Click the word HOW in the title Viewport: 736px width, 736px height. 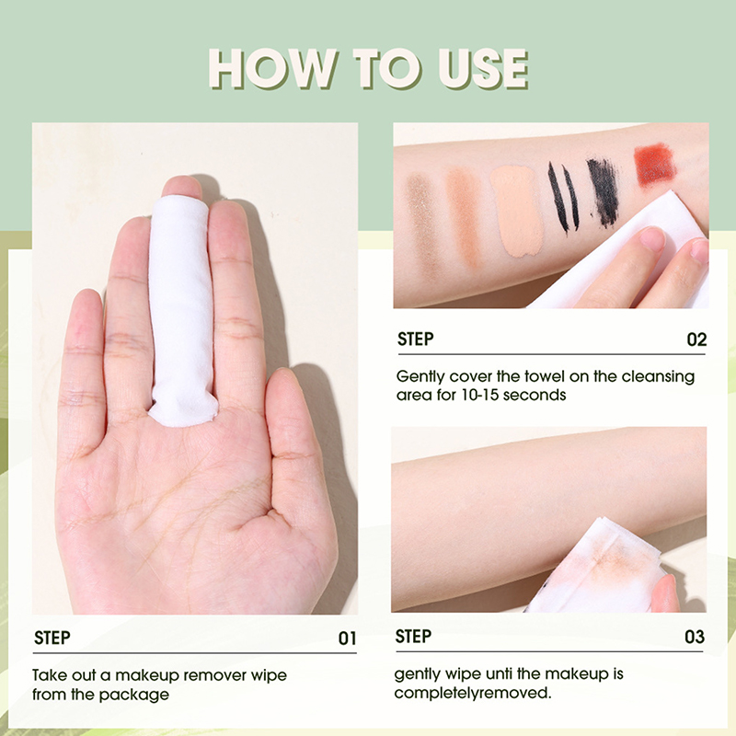[x=272, y=69]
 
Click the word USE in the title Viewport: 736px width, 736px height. [x=483, y=69]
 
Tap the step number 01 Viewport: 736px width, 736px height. [x=348, y=638]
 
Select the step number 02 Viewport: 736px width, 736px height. [x=696, y=339]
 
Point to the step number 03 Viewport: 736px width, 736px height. [x=695, y=637]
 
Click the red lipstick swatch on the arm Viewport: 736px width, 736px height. [x=655, y=166]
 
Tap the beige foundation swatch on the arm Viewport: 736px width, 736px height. [x=517, y=211]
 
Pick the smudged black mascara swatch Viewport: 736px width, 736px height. [x=603, y=191]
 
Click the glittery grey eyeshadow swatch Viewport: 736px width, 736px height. [x=423, y=222]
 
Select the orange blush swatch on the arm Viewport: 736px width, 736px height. [x=464, y=215]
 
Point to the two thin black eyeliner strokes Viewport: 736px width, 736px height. [x=563, y=197]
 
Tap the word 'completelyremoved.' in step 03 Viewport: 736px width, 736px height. [x=473, y=693]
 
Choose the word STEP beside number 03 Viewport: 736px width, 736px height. [x=413, y=637]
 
